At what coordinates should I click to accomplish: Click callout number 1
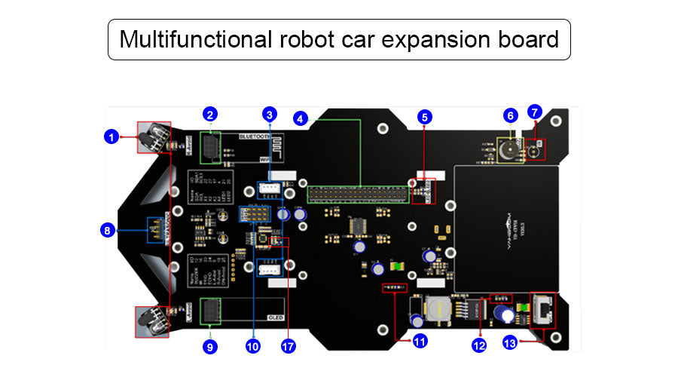[111, 136]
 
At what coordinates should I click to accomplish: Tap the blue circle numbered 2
[210, 115]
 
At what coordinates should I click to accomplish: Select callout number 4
[301, 118]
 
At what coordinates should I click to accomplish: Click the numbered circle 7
[535, 112]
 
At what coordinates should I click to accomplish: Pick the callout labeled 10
[252, 346]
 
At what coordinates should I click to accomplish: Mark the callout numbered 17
[288, 346]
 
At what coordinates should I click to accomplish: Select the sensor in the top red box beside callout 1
[154, 137]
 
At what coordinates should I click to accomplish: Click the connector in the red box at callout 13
[542, 309]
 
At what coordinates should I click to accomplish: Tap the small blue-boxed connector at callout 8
[156, 225]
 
